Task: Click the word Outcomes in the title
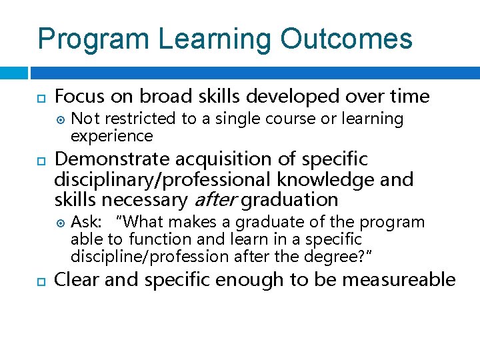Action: (347, 39)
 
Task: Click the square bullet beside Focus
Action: (41, 97)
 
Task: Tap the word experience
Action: (111, 136)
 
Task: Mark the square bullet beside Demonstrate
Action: (41, 161)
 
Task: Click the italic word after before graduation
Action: (215, 200)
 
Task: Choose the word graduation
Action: (289, 200)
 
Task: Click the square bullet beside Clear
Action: (41, 281)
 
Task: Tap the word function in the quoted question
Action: (156, 239)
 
